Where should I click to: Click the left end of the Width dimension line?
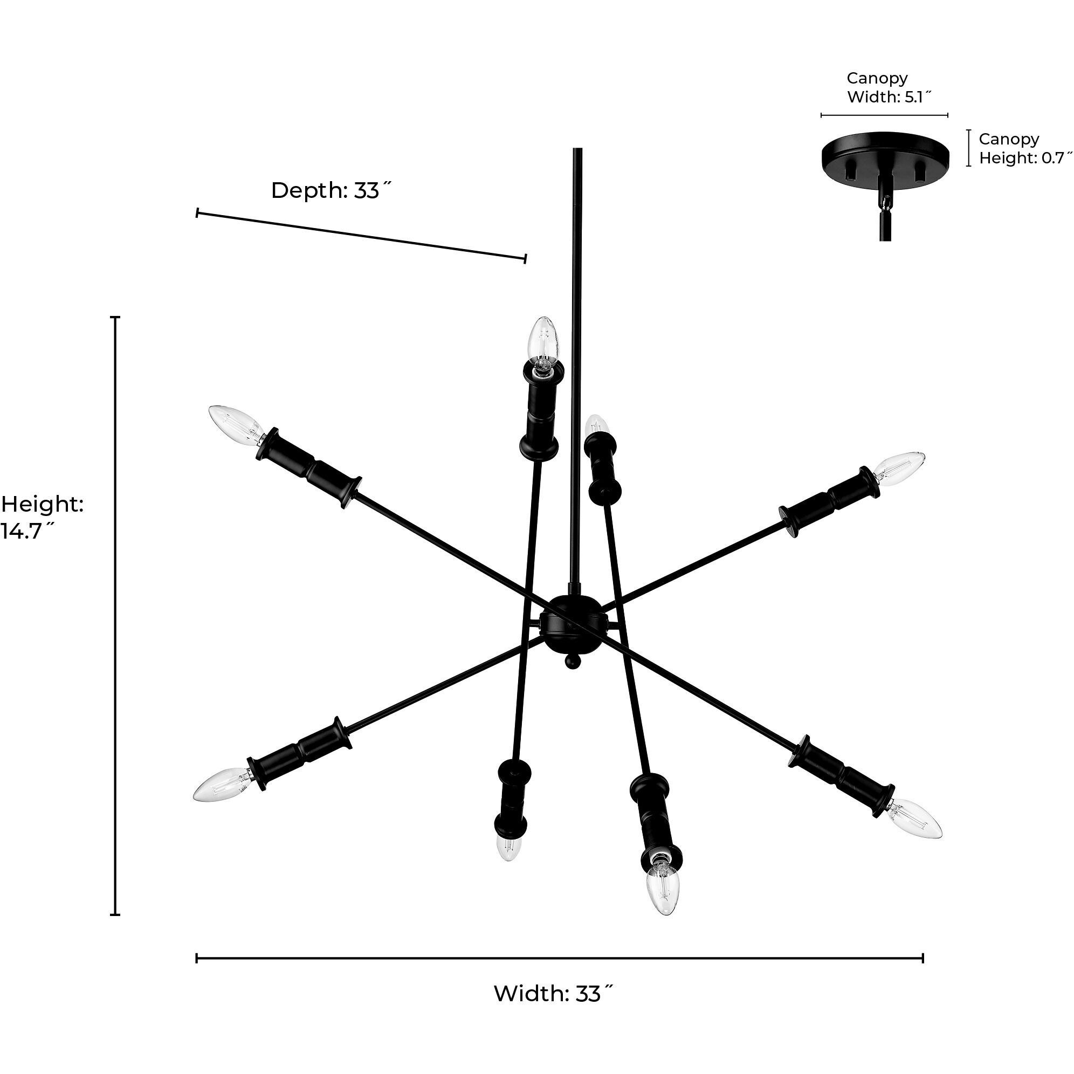(197, 959)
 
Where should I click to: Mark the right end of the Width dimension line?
(923, 959)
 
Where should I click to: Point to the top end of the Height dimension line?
(115, 318)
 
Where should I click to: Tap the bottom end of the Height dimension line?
(115, 914)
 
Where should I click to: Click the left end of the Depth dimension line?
(197, 212)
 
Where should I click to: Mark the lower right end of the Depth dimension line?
(525, 258)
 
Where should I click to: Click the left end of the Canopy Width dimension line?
(822, 115)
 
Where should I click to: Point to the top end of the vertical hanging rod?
(577, 148)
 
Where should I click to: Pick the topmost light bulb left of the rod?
(543, 343)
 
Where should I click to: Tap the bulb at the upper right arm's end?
(899, 468)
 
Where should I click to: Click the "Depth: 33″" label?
(332, 191)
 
